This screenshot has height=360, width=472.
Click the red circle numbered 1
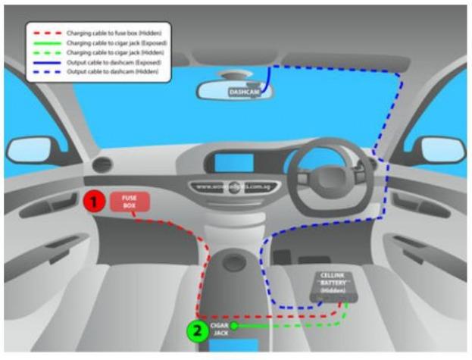click(x=93, y=202)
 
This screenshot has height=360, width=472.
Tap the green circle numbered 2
click(x=197, y=331)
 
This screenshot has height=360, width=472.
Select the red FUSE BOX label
click(x=130, y=202)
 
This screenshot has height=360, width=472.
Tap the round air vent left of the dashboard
click(x=101, y=165)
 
